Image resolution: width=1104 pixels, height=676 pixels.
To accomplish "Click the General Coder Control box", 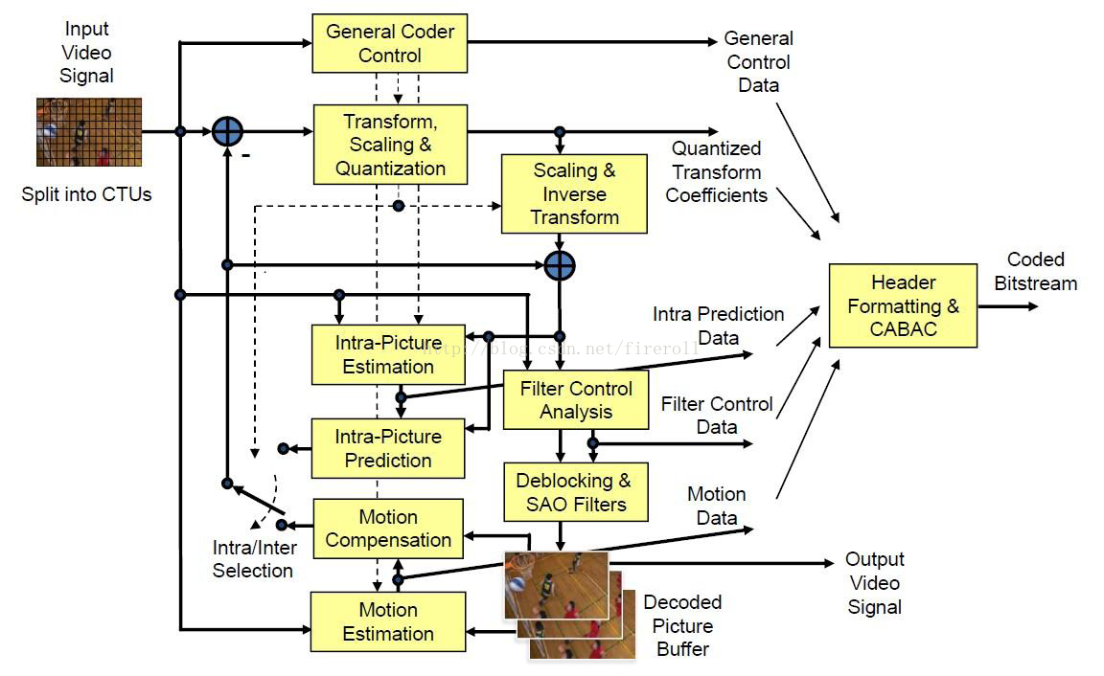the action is coord(389,43).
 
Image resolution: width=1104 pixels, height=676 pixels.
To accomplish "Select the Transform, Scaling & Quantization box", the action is coord(390,145).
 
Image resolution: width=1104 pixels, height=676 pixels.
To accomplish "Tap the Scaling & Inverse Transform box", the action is coord(574,193).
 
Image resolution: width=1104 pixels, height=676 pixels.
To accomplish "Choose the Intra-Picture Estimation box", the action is coord(388,354).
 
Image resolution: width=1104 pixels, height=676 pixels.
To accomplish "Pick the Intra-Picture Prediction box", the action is coord(388,448).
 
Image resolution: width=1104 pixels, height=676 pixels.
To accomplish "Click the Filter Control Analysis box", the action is coord(576,399).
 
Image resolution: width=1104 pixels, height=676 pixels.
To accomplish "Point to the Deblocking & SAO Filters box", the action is coord(576,492).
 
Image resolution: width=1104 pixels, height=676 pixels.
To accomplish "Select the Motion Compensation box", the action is coord(388,529).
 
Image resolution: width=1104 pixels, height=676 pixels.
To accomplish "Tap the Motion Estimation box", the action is coord(388,621).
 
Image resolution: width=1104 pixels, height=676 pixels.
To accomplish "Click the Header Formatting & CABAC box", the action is coord(903,305).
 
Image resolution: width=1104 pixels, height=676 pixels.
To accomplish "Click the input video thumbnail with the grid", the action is coord(89,132).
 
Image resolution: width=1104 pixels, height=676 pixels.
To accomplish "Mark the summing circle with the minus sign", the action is coord(227,131).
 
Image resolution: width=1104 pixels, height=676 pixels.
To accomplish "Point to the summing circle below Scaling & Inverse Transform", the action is coord(560,266).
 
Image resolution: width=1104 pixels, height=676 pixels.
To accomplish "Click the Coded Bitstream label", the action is coord(1035,271).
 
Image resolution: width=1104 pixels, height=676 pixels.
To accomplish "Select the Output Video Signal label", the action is coord(874,582).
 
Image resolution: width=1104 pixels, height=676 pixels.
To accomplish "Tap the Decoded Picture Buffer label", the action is coord(682,625).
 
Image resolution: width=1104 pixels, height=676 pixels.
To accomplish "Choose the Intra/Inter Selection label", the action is coord(254,558).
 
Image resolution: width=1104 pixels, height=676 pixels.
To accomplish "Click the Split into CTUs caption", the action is coord(86,194).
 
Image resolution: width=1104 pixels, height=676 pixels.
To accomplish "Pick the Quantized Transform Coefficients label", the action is coord(716,171).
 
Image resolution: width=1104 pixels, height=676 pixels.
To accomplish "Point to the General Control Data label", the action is coord(758,61).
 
